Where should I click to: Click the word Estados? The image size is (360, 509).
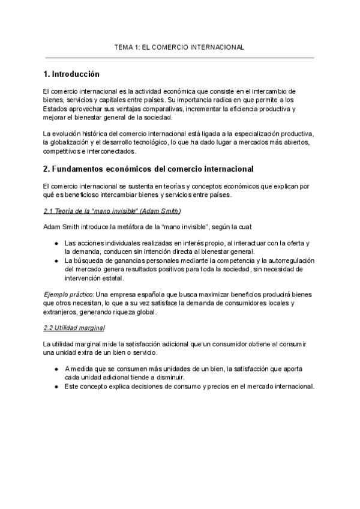click(57, 108)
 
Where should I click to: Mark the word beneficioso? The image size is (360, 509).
click(81, 195)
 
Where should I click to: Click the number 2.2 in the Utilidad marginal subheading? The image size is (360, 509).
click(49, 328)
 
